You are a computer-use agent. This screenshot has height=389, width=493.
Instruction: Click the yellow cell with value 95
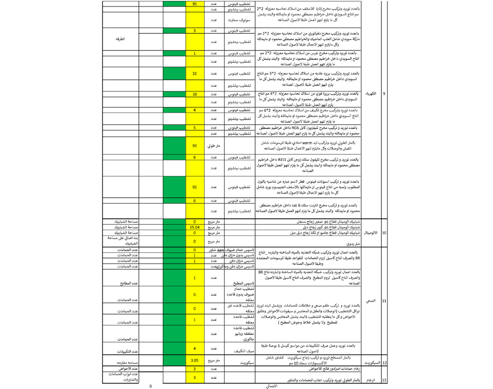click(x=195, y=4)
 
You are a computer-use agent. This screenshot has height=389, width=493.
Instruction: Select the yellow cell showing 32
click(x=195, y=74)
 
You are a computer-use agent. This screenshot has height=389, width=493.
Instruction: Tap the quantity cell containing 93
click(x=195, y=146)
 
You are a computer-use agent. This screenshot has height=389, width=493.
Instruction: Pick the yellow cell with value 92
click(x=195, y=187)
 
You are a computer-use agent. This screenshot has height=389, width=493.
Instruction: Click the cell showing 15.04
click(x=195, y=227)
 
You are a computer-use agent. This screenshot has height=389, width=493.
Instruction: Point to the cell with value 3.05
click(x=195, y=360)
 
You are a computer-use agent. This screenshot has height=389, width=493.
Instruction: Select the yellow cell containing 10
click(x=195, y=93)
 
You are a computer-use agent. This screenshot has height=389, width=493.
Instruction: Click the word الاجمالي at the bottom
click(x=272, y=386)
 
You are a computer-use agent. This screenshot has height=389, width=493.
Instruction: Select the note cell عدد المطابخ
click(x=127, y=284)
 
